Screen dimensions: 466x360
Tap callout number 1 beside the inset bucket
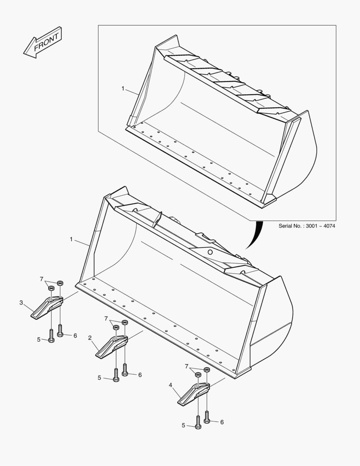(x=123, y=88)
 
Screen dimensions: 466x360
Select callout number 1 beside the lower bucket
(x=71, y=239)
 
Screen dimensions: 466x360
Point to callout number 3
(x=21, y=303)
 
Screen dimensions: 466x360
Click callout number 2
(x=90, y=338)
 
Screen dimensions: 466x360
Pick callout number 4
(x=171, y=384)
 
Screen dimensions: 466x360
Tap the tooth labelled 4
(x=192, y=394)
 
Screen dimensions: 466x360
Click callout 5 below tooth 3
(x=38, y=340)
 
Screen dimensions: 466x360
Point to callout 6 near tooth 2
(x=140, y=375)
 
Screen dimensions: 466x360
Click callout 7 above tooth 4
(x=187, y=366)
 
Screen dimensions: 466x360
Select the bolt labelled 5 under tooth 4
(x=198, y=422)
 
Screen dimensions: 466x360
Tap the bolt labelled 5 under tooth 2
(x=116, y=374)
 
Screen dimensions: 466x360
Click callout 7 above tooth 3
(x=41, y=279)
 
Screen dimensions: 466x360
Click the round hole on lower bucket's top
(x=210, y=252)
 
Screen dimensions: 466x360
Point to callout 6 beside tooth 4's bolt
(x=222, y=422)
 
